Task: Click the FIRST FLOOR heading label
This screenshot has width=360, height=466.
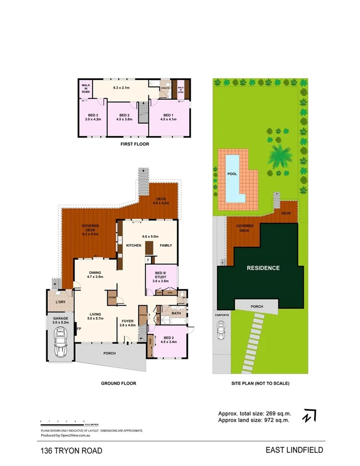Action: coord(134,144)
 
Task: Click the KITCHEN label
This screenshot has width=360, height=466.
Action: coord(133,245)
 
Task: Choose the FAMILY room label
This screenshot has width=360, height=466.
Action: coord(165,245)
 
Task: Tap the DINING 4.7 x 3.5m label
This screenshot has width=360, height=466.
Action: coord(95,274)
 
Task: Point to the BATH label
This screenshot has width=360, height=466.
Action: coord(175,314)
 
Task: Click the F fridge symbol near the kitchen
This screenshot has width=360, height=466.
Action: coord(148,260)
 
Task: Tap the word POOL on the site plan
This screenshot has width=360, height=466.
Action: coord(232,173)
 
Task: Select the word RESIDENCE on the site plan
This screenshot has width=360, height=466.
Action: coord(262,268)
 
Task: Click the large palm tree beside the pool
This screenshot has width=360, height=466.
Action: coord(278,156)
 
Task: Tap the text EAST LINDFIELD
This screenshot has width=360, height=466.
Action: coord(294,450)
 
